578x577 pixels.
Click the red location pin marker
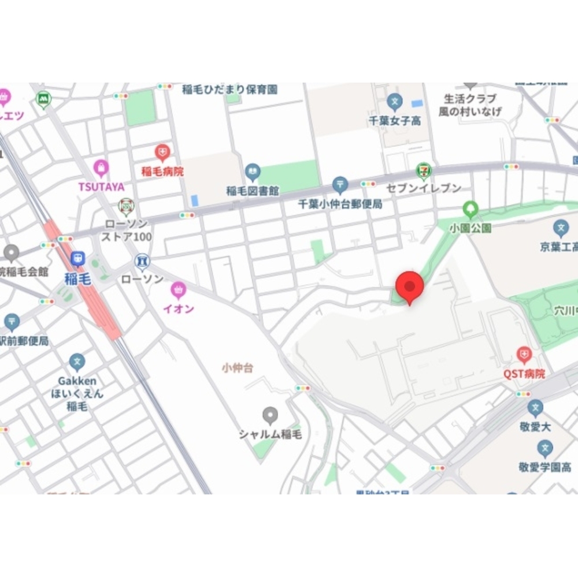point(410,286)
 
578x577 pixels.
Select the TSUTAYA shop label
point(101,186)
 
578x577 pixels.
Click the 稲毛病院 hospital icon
point(162,153)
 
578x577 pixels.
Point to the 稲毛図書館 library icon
point(253,172)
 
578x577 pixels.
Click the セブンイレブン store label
point(432,188)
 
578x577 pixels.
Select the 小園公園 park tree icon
point(470,209)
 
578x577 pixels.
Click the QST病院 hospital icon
point(524,355)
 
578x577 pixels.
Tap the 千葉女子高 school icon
point(395,102)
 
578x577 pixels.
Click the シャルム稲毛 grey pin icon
point(270,415)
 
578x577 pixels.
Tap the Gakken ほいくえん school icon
point(77,363)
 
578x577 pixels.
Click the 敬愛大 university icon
point(535,408)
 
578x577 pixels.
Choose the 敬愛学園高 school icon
point(544,448)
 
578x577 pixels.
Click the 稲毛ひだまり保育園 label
point(229,90)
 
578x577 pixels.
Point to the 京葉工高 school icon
point(560,228)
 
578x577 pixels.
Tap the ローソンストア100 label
point(126,230)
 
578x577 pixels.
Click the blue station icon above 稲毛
point(77,259)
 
